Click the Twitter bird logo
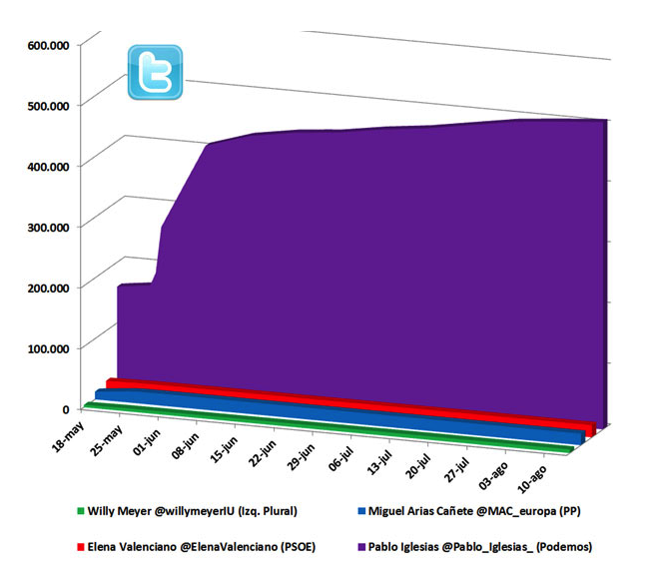click(x=155, y=72)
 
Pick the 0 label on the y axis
click(x=65, y=408)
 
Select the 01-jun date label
click(x=145, y=442)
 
